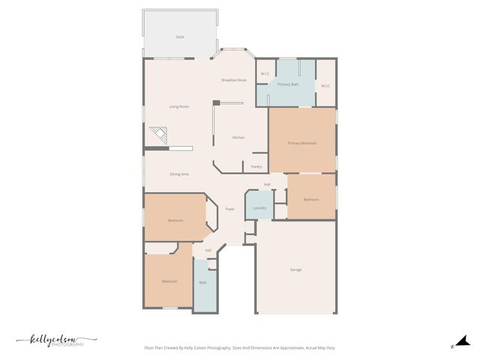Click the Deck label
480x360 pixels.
(x=180, y=37)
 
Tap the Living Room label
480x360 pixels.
(x=178, y=106)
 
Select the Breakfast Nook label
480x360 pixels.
(x=234, y=79)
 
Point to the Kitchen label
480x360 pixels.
(x=238, y=138)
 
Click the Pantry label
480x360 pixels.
(x=256, y=166)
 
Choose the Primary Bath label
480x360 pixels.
(x=289, y=85)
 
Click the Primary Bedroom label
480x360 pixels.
(x=302, y=142)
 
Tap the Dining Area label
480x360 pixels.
(x=179, y=174)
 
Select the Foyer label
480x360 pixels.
(x=230, y=208)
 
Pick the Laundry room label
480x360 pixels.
(x=259, y=208)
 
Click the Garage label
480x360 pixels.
(x=296, y=269)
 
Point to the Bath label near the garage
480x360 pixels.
(x=202, y=283)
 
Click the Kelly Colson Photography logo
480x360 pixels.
(x=55, y=340)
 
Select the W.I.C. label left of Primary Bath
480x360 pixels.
(x=265, y=73)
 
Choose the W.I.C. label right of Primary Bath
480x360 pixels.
(x=325, y=86)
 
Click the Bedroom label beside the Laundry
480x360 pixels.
(x=311, y=199)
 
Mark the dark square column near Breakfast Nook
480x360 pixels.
(x=216, y=103)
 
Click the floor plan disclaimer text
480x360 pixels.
(x=240, y=348)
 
